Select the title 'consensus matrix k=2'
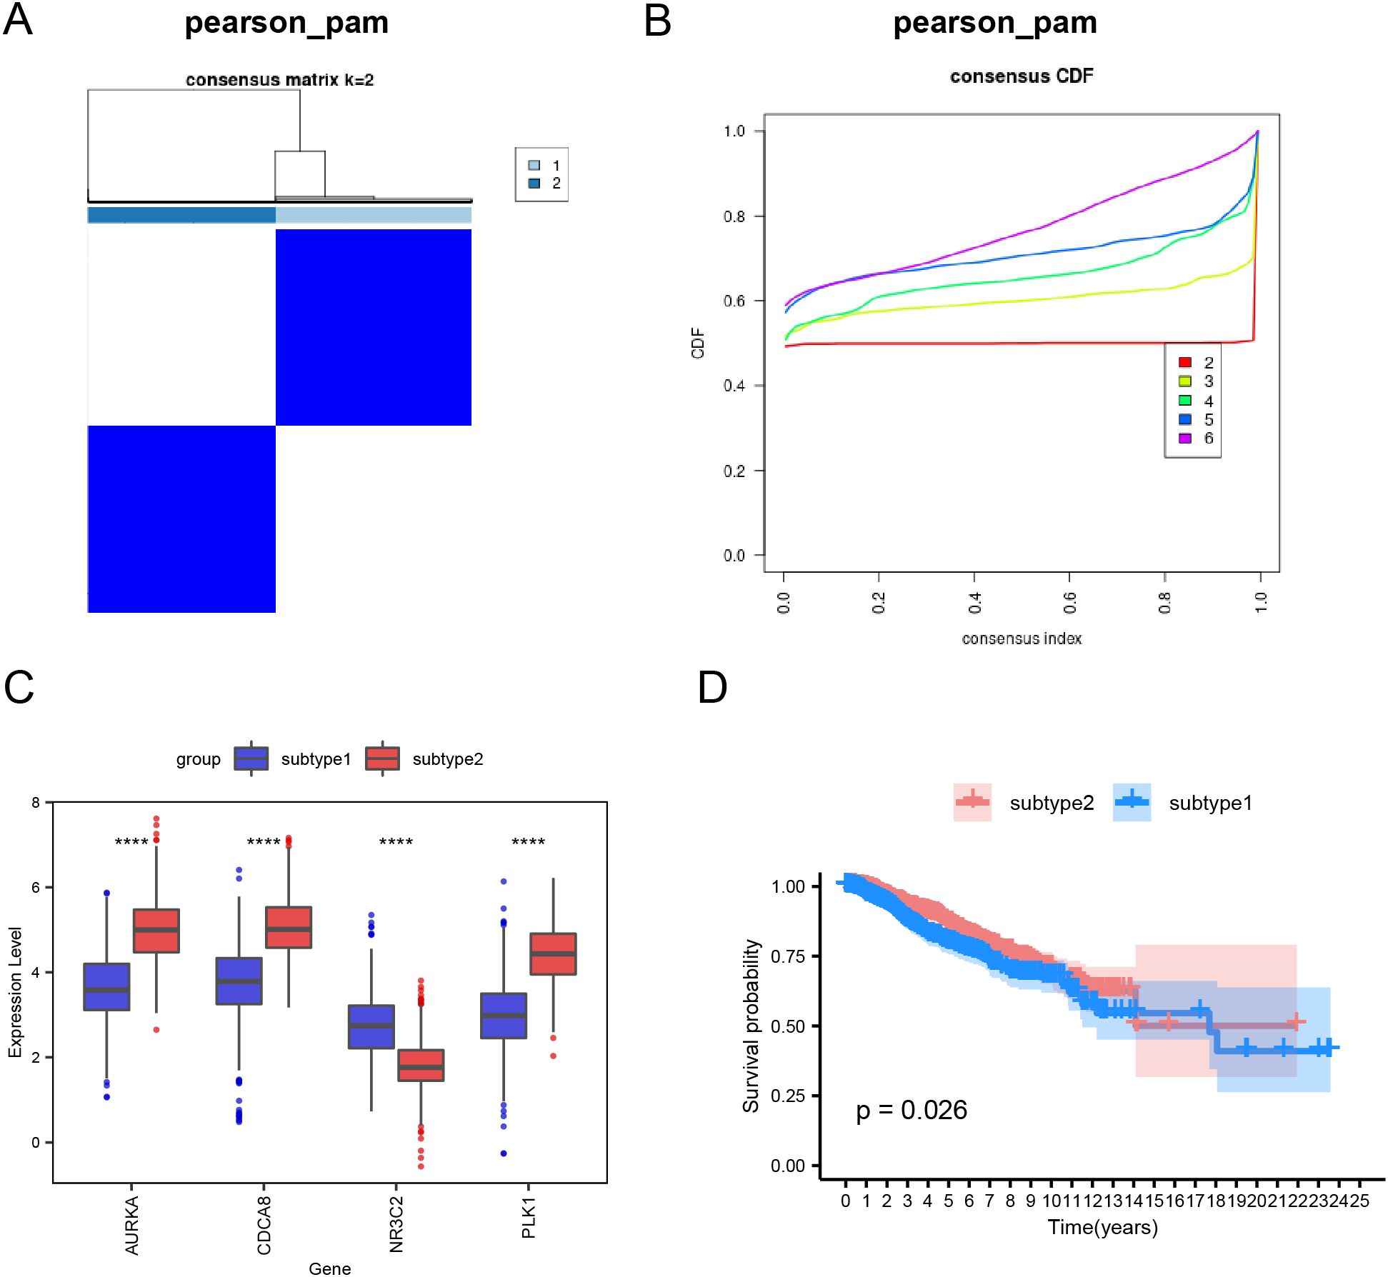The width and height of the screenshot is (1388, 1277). [279, 80]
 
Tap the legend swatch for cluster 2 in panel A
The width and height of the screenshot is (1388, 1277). [534, 184]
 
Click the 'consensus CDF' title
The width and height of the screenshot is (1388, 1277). [1021, 76]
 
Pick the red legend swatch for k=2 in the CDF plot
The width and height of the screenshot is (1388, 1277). [1184, 363]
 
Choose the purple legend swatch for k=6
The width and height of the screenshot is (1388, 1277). [1184, 439]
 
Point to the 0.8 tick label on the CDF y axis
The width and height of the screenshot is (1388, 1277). [734, 216]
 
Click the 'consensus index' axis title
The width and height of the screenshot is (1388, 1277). [1022, 638]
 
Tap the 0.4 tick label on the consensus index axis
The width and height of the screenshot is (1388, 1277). [974, 603]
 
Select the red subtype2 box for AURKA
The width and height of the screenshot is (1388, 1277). [156, 931]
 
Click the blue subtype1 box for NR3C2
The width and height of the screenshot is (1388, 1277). [371, 1026]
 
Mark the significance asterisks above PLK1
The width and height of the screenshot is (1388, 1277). [528, 842]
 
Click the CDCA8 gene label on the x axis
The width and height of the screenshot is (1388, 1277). [264, 1226]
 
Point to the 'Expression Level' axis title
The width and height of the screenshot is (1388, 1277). [15, 992]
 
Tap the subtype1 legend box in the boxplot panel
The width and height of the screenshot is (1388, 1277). [251, 758]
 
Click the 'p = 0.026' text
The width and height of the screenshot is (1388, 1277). [911, 1110]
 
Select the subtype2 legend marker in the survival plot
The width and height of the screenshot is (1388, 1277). [972, 802]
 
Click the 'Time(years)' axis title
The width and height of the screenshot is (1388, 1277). [1102, 1227]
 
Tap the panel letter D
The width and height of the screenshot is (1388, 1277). [712, 687]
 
